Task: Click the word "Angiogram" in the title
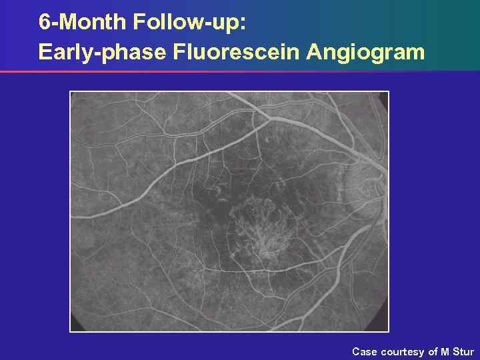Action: [x=365, y=51]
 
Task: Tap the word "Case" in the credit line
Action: [x=364, y=351]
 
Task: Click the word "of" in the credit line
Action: [x=433, y=351]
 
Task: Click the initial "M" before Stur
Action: [x=445, y=351]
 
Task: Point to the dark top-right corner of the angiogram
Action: [x=383, y=96]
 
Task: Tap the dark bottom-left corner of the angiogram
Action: [x=75, y=326]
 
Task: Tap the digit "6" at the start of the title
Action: [x=44, y=22]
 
